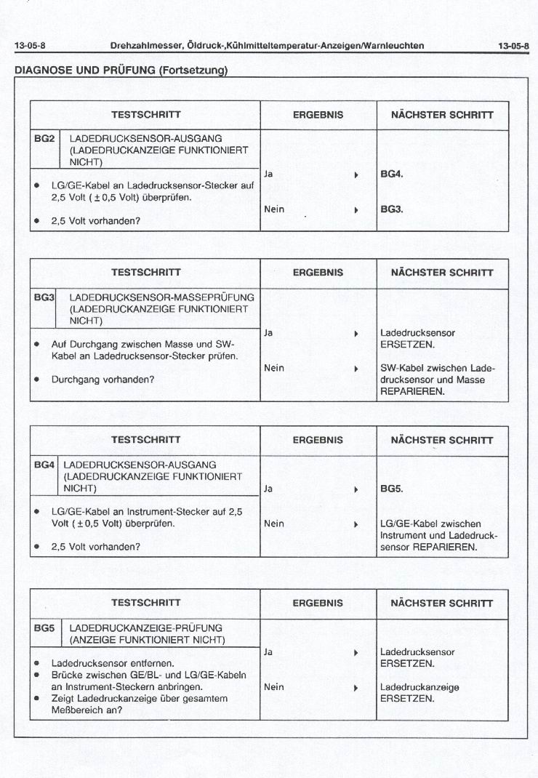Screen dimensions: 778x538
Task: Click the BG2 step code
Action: tap(44, 137)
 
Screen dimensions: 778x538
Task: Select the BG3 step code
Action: tap(44, 297)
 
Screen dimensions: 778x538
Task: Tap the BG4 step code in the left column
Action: tap(44, 463)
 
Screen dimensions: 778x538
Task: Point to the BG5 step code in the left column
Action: tap(44, 627)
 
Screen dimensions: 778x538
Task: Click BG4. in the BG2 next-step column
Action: tap(391, 175)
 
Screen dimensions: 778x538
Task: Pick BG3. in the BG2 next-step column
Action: tap(391, 209)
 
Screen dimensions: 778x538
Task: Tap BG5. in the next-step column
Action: tap(391, 489)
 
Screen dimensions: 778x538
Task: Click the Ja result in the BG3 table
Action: tap(268, 333)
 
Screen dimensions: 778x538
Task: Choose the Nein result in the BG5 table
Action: tap(274, 686)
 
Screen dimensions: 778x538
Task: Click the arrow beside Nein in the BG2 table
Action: tap(356, 209)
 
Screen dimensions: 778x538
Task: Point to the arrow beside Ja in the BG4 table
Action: tap(356, 489)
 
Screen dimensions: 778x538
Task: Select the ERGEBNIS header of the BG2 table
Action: tap(318, 115)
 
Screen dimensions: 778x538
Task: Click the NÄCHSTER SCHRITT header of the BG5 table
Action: tap(442, 603)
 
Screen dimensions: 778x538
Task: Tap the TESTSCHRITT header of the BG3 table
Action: tap(145, 273)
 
